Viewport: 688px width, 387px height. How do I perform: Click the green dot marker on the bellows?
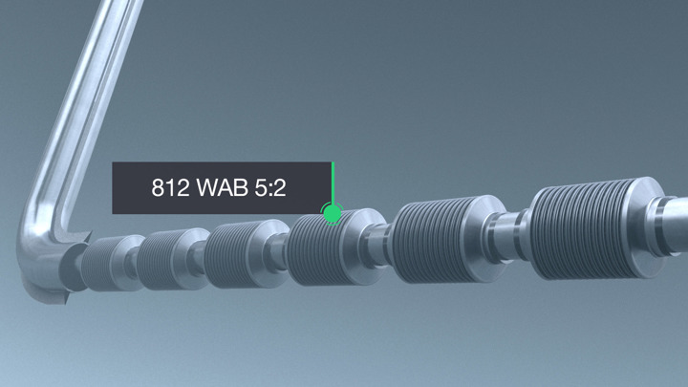click(332, 213)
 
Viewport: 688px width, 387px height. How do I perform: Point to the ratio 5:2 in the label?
click(270, 188)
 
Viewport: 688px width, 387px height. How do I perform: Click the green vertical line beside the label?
click(333, 182)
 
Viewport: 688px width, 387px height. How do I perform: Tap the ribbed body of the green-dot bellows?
click(319, 250)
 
